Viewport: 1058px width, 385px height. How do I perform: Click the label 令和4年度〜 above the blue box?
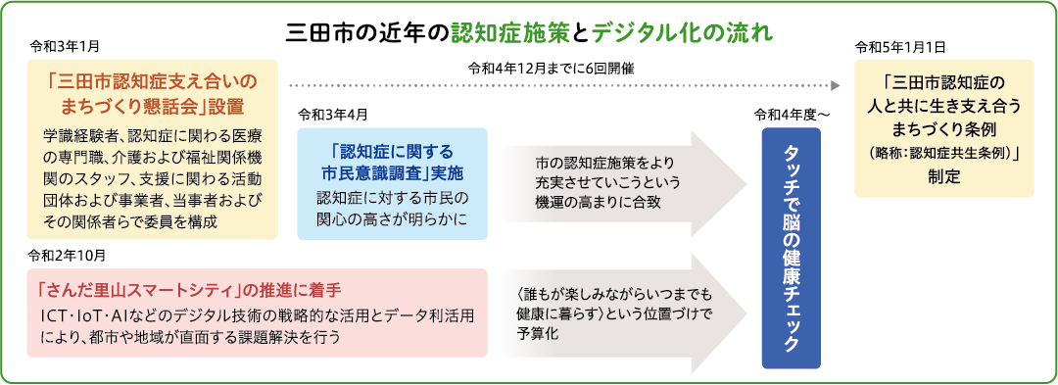(792, 115)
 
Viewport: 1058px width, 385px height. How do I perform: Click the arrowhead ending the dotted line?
(836, 86)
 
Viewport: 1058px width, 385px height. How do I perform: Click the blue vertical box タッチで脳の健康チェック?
(791, 248)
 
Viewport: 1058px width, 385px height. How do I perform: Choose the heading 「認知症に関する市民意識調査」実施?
(392, 161)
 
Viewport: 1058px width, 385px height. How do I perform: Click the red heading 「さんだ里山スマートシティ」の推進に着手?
(190, 291)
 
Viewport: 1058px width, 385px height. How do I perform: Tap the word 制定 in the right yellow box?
(944, 176)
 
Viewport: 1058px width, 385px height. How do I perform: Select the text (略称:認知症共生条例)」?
(944, 153)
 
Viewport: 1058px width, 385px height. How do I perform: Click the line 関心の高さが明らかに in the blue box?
(392, 219)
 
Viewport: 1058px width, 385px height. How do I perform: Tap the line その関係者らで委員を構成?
(130, 221)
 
